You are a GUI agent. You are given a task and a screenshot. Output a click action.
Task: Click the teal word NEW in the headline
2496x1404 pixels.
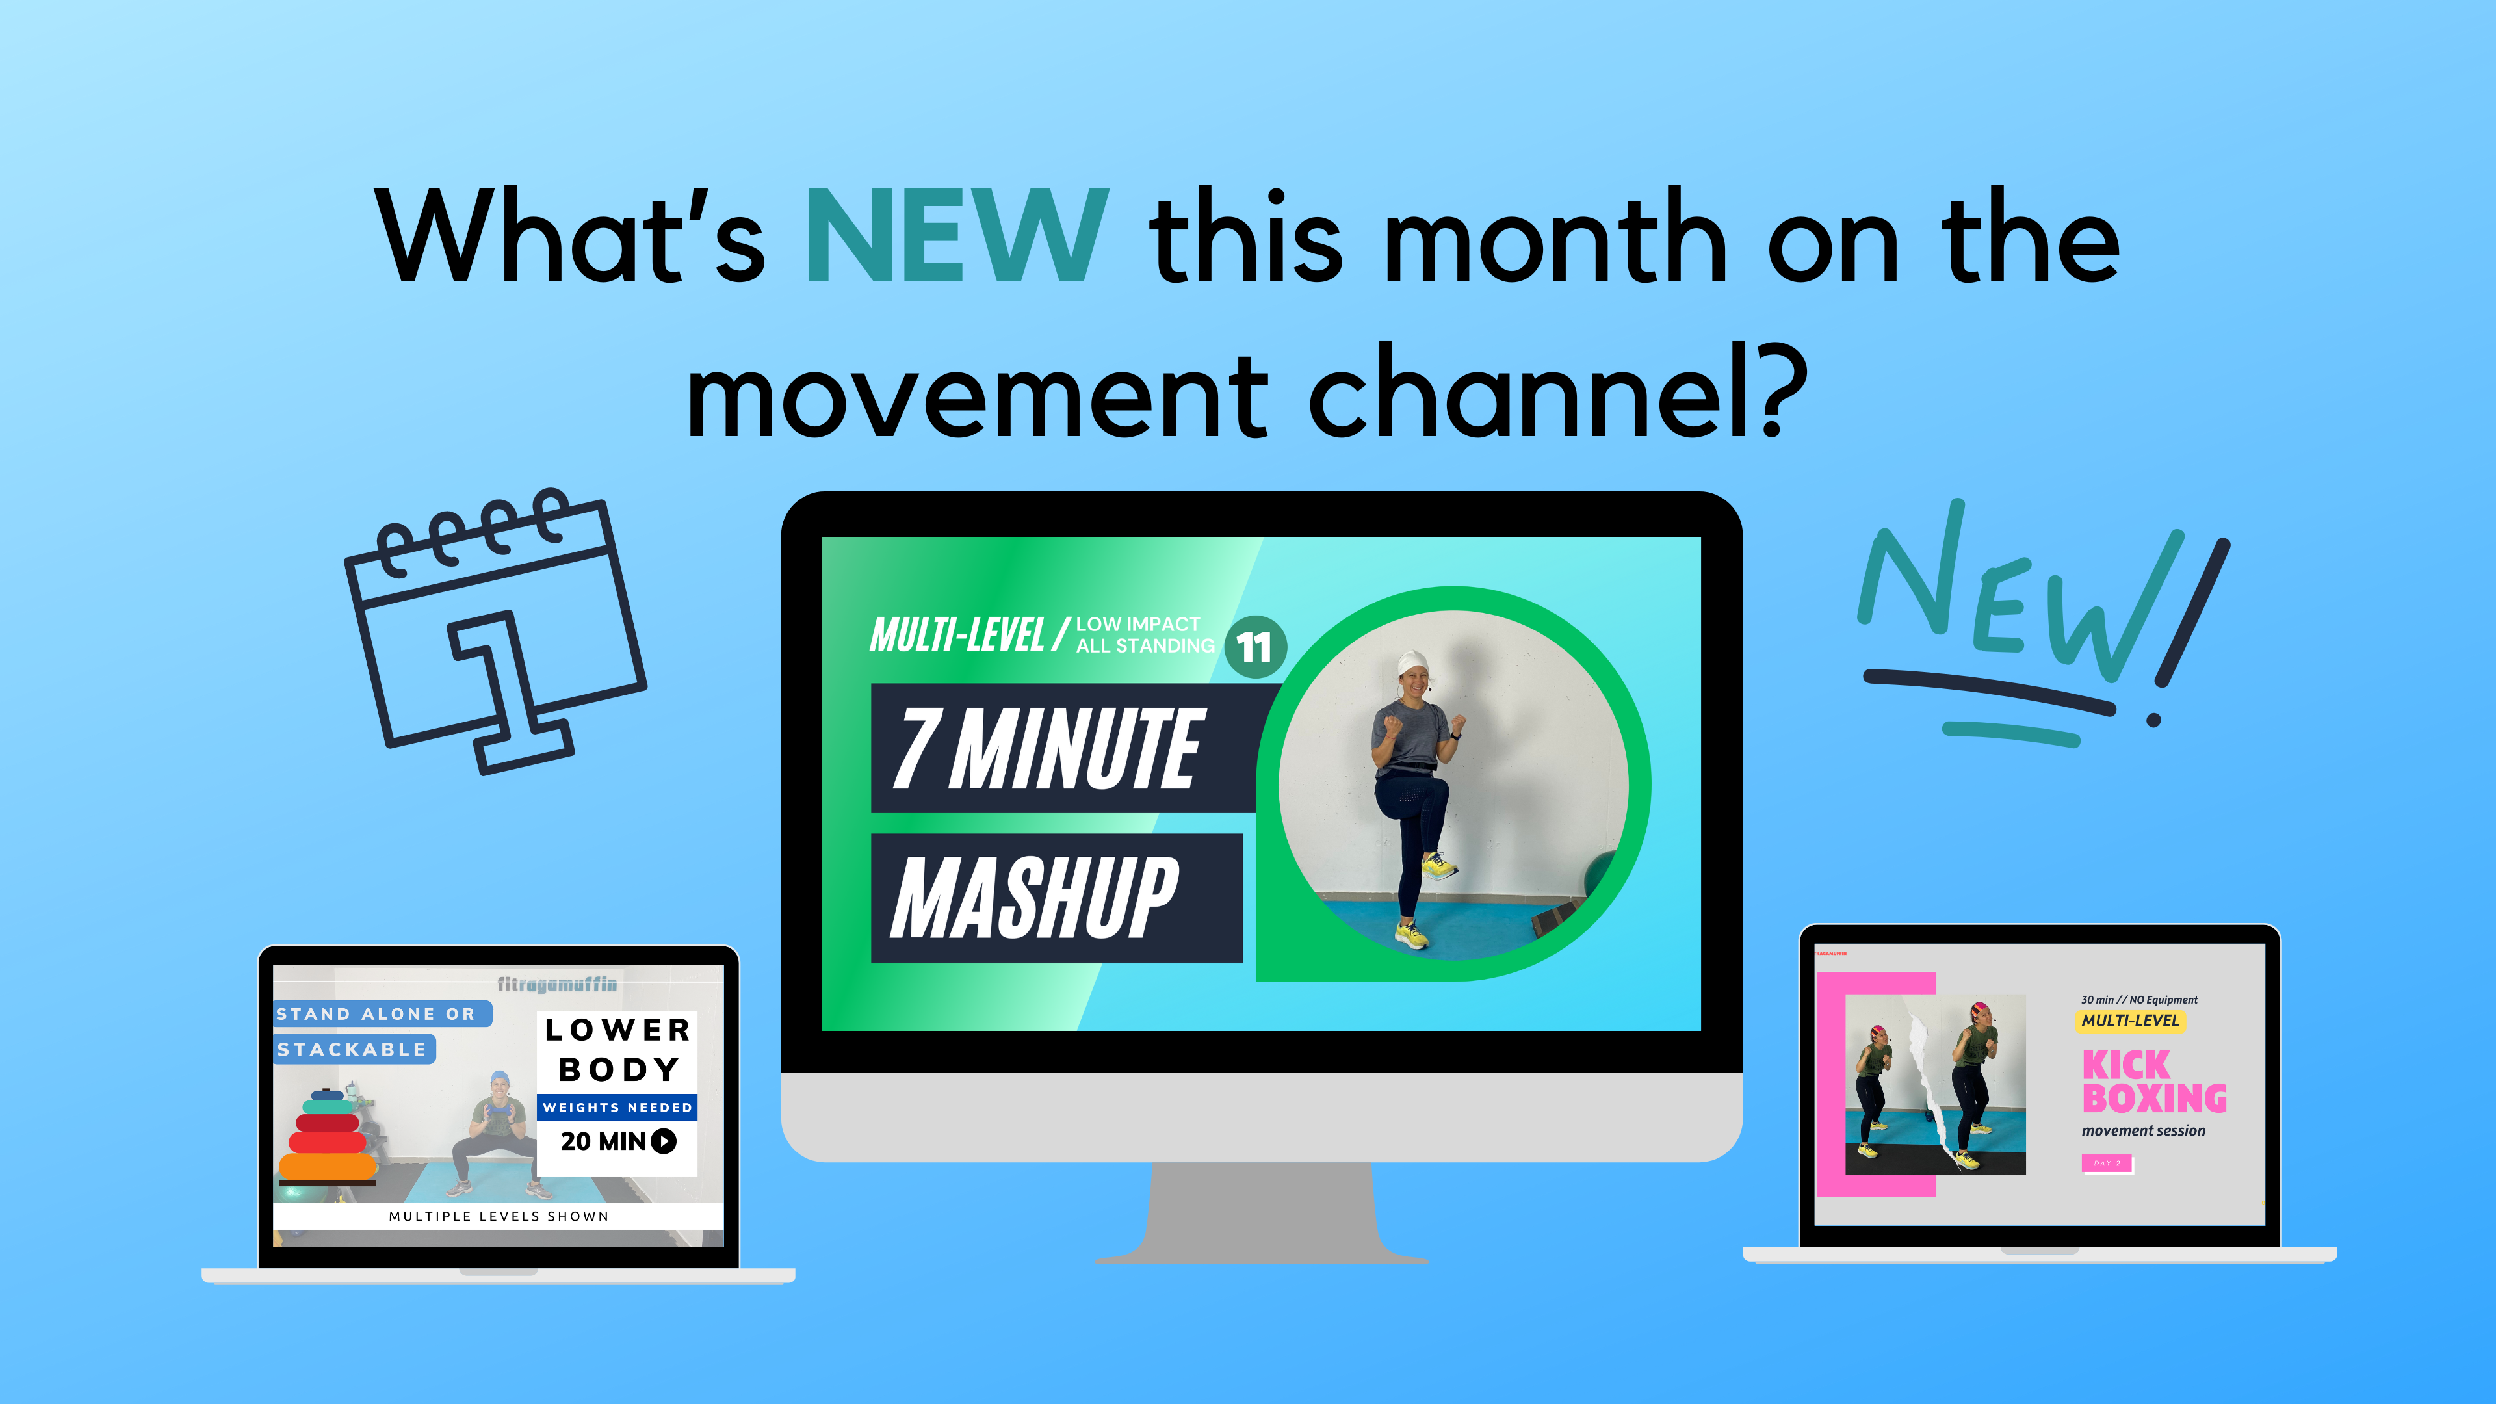(956, 237)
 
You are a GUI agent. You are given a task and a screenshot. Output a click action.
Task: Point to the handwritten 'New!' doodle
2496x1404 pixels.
(2040, 616)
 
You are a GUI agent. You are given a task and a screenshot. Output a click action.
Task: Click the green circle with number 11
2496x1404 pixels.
(1254, 647)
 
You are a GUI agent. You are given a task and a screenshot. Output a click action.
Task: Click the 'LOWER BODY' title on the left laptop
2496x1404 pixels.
(618, 1049)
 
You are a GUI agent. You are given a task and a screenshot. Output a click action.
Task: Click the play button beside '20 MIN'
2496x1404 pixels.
(664, 1141)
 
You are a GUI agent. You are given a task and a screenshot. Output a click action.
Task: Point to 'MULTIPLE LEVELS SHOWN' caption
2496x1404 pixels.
(499, 1216)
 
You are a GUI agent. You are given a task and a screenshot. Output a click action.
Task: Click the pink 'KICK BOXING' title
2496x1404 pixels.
(2153, 1082)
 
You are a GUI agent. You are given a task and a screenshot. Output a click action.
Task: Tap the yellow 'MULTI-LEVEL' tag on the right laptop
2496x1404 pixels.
(2130, 1021)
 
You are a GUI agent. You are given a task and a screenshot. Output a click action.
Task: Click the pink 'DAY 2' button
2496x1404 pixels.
(2107, 1163)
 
